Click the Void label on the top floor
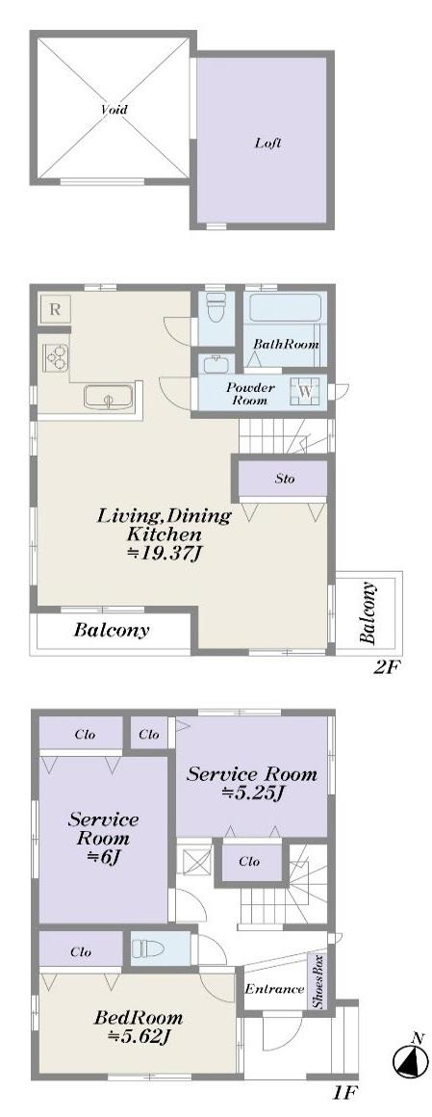coord(114,110)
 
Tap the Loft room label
coord(268,143)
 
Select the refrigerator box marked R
coord(55,310)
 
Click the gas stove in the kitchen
coord(56,355)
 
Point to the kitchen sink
coord(108,397)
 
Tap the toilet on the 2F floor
coord(214,308)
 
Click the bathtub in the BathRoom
coord(287,308)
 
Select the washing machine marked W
coord(306,391)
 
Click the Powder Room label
coord(247,394)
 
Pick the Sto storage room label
coord(285,479)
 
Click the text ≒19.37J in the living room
coord(165,554)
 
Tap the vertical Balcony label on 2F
coord(368,612)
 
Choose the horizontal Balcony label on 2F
coord(112,631)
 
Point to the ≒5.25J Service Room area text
coord(252,792)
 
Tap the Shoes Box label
coord(318,981)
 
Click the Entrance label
coord(274,989)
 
